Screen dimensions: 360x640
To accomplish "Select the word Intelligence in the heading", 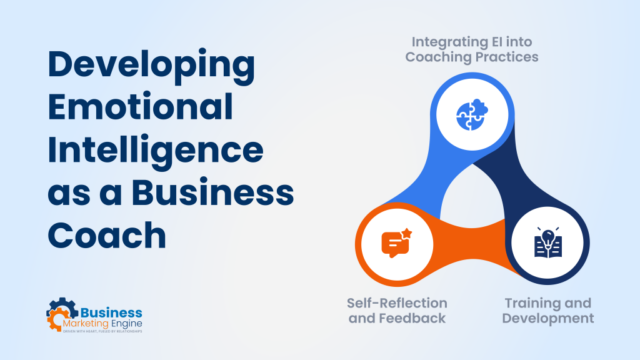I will tap(156, 152).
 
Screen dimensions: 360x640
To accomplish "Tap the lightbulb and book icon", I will tap(547, 242).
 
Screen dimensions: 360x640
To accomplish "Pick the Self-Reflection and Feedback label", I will tap(397, 311).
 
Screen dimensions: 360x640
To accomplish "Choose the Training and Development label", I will tap(548, 311).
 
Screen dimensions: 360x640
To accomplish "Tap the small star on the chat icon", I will tap(406, 234).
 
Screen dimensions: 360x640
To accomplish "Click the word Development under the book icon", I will tap(548, 318).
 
